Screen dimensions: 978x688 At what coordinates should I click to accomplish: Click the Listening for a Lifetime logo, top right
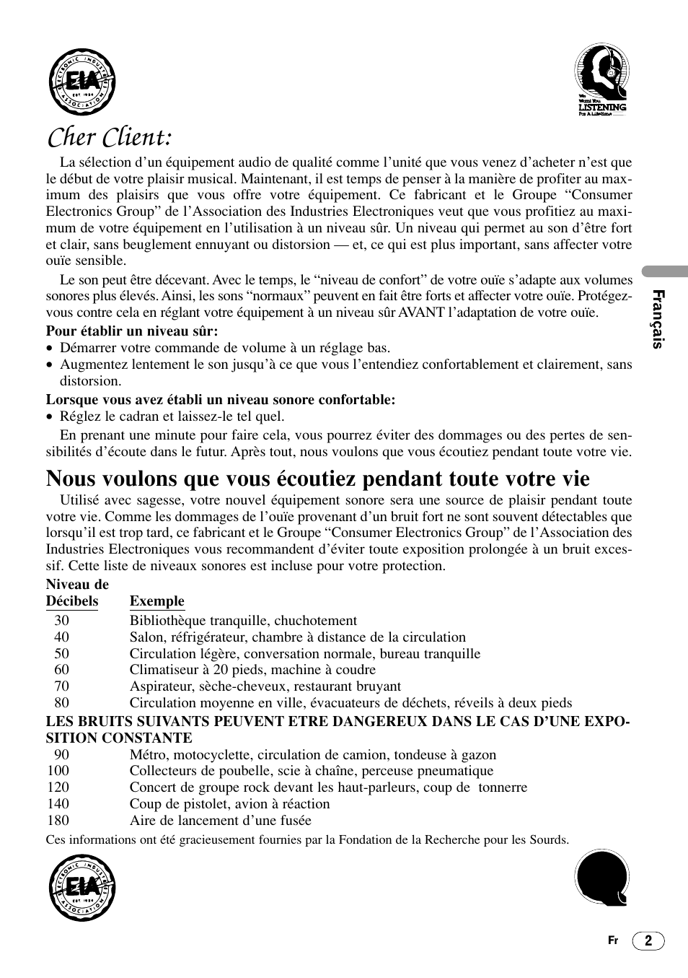coord(601,80)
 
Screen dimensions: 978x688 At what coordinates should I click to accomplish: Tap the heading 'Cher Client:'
coord(109,136)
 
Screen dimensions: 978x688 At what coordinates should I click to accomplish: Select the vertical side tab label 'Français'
coord(657,318)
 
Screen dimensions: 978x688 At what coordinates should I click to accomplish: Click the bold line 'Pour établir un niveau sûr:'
coord(132,331)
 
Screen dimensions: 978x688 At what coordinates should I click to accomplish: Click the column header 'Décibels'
coord(72,601)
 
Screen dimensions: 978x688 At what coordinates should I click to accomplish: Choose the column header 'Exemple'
coord(157,601)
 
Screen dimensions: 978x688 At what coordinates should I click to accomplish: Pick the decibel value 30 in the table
coord(61,621)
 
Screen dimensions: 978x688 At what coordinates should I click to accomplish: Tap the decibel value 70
coord(61,686)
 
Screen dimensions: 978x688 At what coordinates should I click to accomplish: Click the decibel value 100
coord(58,771)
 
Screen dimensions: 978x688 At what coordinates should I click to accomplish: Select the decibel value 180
coord(58,821)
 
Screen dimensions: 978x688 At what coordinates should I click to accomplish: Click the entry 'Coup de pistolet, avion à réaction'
coord(229,804)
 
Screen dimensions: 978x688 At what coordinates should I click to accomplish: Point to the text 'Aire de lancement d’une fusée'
coord(221,821)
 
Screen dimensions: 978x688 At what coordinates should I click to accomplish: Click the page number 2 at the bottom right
coord(648,940)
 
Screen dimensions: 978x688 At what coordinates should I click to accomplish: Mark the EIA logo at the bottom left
coord(81,888)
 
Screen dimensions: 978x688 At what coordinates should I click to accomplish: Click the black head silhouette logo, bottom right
coord(601,878)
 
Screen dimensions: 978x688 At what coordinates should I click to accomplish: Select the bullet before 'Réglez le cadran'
coord(50,417)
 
